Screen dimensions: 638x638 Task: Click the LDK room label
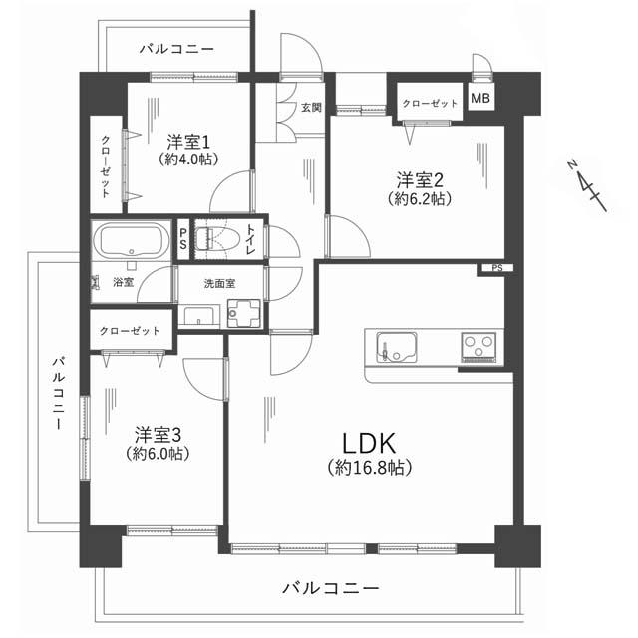point(371,442)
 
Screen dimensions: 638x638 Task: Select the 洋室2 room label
point(420,179)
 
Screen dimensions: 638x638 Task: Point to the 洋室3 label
point(158,434)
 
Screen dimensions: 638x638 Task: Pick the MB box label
point(480,99)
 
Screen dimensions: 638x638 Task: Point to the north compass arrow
point(587,185)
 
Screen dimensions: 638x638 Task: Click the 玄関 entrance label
point(311,108)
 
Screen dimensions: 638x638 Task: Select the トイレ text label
point(253,239)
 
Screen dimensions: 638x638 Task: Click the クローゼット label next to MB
point(430,103)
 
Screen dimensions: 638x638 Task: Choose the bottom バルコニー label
point(330,589)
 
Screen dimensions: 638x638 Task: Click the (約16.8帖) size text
point(370,466)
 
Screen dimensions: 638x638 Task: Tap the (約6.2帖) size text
point(420,199)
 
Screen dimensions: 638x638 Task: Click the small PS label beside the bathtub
point(182,240)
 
